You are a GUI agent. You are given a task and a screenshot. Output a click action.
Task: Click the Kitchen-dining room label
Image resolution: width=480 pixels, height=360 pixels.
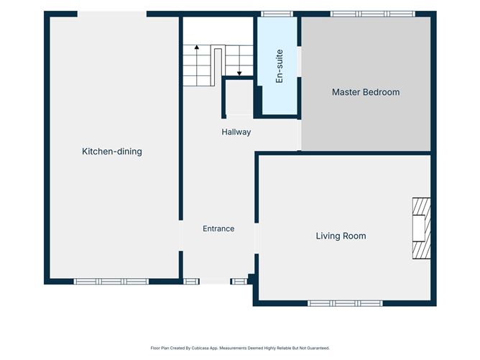112,151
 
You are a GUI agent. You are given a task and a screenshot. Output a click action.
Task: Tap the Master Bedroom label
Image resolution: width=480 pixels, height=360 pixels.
366,92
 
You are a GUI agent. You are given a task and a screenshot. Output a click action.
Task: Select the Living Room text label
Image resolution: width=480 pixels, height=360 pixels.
341,236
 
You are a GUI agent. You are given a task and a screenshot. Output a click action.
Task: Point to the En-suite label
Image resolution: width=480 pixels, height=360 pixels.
280,66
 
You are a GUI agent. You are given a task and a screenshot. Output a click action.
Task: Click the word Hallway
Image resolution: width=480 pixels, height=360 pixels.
236,132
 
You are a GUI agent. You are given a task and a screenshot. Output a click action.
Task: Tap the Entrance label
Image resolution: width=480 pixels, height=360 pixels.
218,229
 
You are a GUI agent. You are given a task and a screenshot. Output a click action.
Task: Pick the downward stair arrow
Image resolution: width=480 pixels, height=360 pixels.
239,60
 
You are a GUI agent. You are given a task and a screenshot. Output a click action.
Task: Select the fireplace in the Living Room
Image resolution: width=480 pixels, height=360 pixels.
422,229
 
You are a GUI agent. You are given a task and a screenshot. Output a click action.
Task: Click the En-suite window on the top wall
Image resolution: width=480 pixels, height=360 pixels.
277,14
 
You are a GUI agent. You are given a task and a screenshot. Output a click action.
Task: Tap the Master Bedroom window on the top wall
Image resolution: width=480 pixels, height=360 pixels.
373,14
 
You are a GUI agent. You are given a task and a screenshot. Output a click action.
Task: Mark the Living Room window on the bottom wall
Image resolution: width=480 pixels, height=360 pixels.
346,303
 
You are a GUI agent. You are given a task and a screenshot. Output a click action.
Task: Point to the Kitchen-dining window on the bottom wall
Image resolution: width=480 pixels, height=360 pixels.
111,282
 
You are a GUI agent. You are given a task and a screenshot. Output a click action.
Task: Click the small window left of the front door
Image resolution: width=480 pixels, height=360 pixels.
191,282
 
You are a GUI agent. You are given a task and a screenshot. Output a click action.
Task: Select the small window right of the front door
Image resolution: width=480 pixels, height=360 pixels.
239,282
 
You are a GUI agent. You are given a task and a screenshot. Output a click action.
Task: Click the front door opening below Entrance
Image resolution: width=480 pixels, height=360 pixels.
215,282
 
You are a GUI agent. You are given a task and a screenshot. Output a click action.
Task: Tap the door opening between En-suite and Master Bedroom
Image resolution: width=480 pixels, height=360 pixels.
300,62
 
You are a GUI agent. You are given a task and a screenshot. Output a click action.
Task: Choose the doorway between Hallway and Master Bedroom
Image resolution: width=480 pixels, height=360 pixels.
299,134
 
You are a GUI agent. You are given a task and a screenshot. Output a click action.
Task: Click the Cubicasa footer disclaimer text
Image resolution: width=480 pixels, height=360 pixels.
240,348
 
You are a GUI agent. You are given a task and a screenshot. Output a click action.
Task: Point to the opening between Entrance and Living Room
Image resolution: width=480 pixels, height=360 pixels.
257,239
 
